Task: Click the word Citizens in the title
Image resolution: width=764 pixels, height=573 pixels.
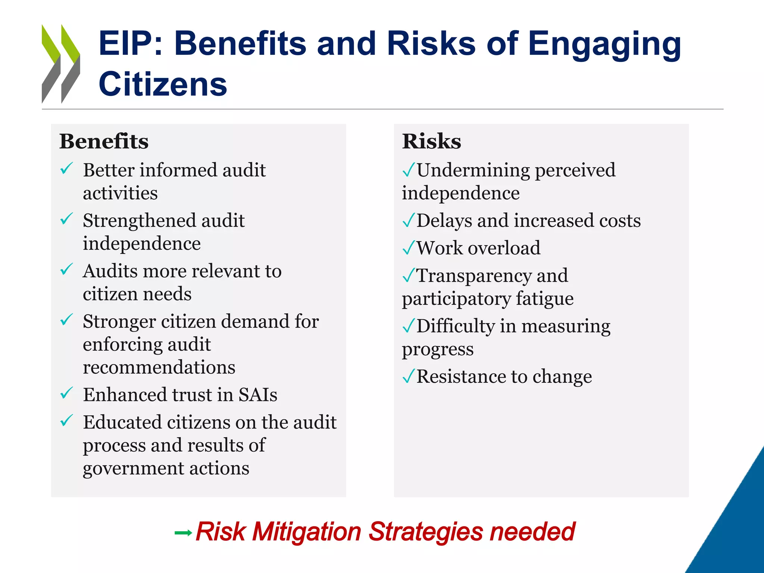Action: [x=163, y=84]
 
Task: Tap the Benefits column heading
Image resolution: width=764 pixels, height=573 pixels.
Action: [x=104, y=141]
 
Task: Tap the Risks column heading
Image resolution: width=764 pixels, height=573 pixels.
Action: [x=431, y=141]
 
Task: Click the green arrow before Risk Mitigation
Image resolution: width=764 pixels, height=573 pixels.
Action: [x=183, y=533]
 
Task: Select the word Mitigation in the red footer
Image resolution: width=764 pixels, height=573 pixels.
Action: [x=307, y=531]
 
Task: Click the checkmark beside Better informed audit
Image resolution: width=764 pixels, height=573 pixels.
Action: [x=66, y=169]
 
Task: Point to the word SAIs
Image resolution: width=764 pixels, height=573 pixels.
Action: [x=258, y=395]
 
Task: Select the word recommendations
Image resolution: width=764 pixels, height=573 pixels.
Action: [x=159, y=367]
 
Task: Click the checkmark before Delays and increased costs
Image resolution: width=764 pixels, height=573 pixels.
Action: [x=409, y=220]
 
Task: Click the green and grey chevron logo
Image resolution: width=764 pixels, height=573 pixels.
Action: [x=60, y=64]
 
